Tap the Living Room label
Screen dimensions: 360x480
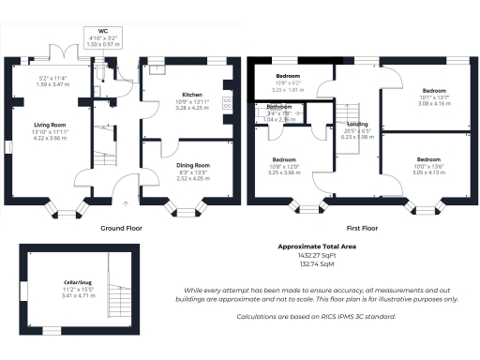(x=50, y=124)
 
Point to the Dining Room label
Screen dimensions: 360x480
(x=192, y=165)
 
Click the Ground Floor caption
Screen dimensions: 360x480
(x=123, y=228)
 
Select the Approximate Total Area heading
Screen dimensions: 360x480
(x=316, y=246)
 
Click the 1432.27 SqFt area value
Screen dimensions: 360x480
(x=316, y=255)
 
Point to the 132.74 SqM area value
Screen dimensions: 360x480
(x=316, y=264)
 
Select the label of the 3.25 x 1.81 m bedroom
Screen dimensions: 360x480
(x=287, y=75)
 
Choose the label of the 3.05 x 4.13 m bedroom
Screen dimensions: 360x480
(x=428, y=159)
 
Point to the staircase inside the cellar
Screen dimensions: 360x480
(x=118, y=301)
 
